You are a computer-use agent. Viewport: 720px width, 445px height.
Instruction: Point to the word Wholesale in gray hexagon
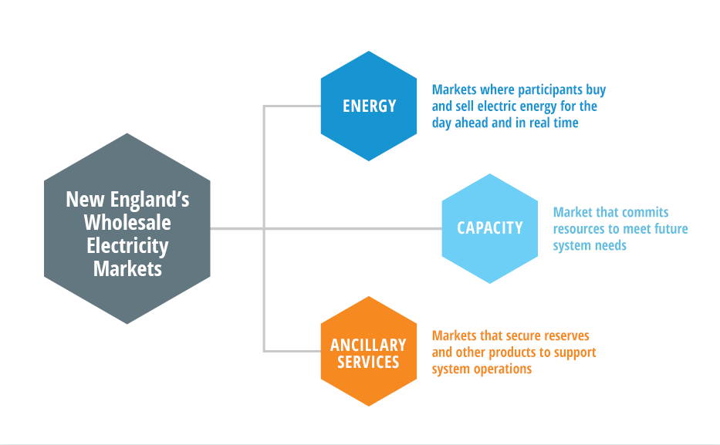coord(127,223)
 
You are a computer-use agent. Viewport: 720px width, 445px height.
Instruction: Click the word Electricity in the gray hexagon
coord(127,246)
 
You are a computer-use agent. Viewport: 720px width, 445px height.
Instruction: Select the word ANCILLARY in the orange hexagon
coord(368,345)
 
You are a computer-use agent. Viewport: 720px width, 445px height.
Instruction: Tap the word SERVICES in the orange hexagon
coord(368,362)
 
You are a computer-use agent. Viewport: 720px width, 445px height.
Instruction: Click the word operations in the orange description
coord(502,369)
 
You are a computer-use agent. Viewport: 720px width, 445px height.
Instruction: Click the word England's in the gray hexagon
coord(147,200)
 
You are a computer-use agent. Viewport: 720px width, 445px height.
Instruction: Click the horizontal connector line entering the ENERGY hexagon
coord(293,106)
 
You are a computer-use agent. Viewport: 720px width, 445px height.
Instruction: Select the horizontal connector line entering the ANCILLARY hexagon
coord(293,351)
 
